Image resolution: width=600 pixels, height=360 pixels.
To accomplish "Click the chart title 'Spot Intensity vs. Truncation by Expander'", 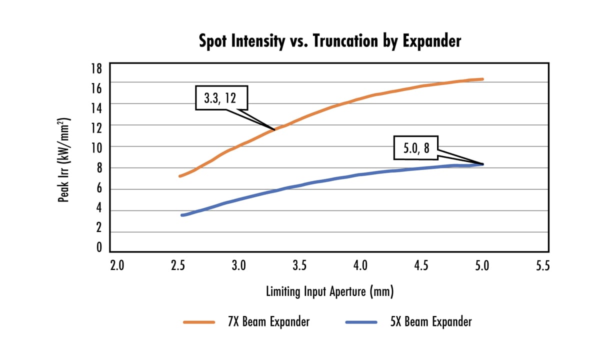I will (330, 41).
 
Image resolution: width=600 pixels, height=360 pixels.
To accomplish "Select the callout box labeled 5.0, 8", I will (415, 147).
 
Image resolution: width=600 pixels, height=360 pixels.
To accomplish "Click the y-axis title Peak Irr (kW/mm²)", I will (63, 160).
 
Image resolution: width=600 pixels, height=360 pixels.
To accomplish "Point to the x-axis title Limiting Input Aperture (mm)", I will (329, 291).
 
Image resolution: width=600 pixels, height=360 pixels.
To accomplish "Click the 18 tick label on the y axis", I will (96, 68).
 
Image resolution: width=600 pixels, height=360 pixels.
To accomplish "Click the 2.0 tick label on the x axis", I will (116, 265).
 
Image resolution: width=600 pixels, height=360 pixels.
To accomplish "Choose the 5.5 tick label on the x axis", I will (542, 265).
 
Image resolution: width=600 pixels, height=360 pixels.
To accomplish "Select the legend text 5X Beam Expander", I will (430, 321).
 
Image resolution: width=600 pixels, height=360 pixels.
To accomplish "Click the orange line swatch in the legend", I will (199, 322).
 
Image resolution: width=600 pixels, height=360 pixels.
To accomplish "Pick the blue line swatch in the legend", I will (360, 322).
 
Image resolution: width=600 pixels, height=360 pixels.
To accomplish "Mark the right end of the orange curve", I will (482, 79).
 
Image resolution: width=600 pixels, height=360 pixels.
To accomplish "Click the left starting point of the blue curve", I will (182, 215).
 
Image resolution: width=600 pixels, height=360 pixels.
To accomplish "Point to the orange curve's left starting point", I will (180, 176).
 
